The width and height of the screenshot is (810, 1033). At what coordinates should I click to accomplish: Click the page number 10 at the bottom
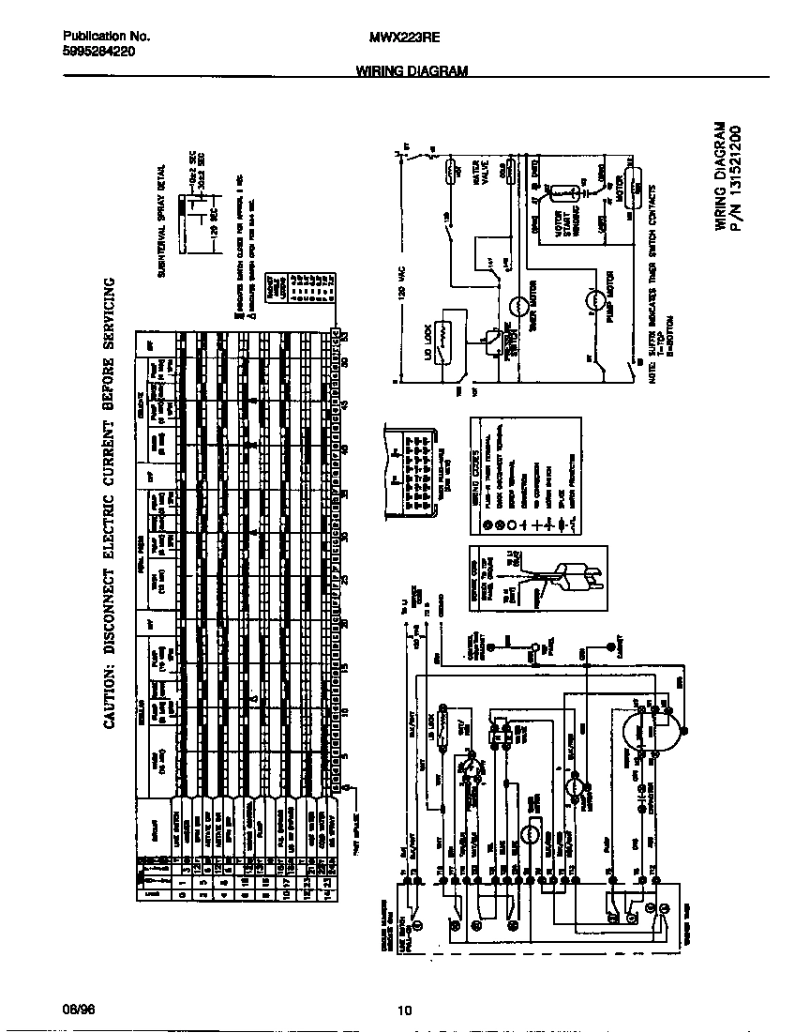[404, 1010]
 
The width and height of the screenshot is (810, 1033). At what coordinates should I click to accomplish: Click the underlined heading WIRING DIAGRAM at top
[412, 71]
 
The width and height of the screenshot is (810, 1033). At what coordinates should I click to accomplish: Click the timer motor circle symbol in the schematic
[518, 305]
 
